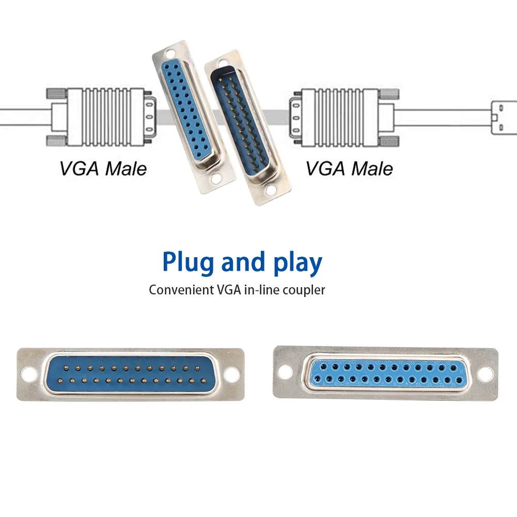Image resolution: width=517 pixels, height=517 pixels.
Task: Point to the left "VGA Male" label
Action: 103,169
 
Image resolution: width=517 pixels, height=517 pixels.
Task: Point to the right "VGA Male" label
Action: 349,169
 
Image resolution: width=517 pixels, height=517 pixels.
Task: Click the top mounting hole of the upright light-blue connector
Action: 168,54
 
